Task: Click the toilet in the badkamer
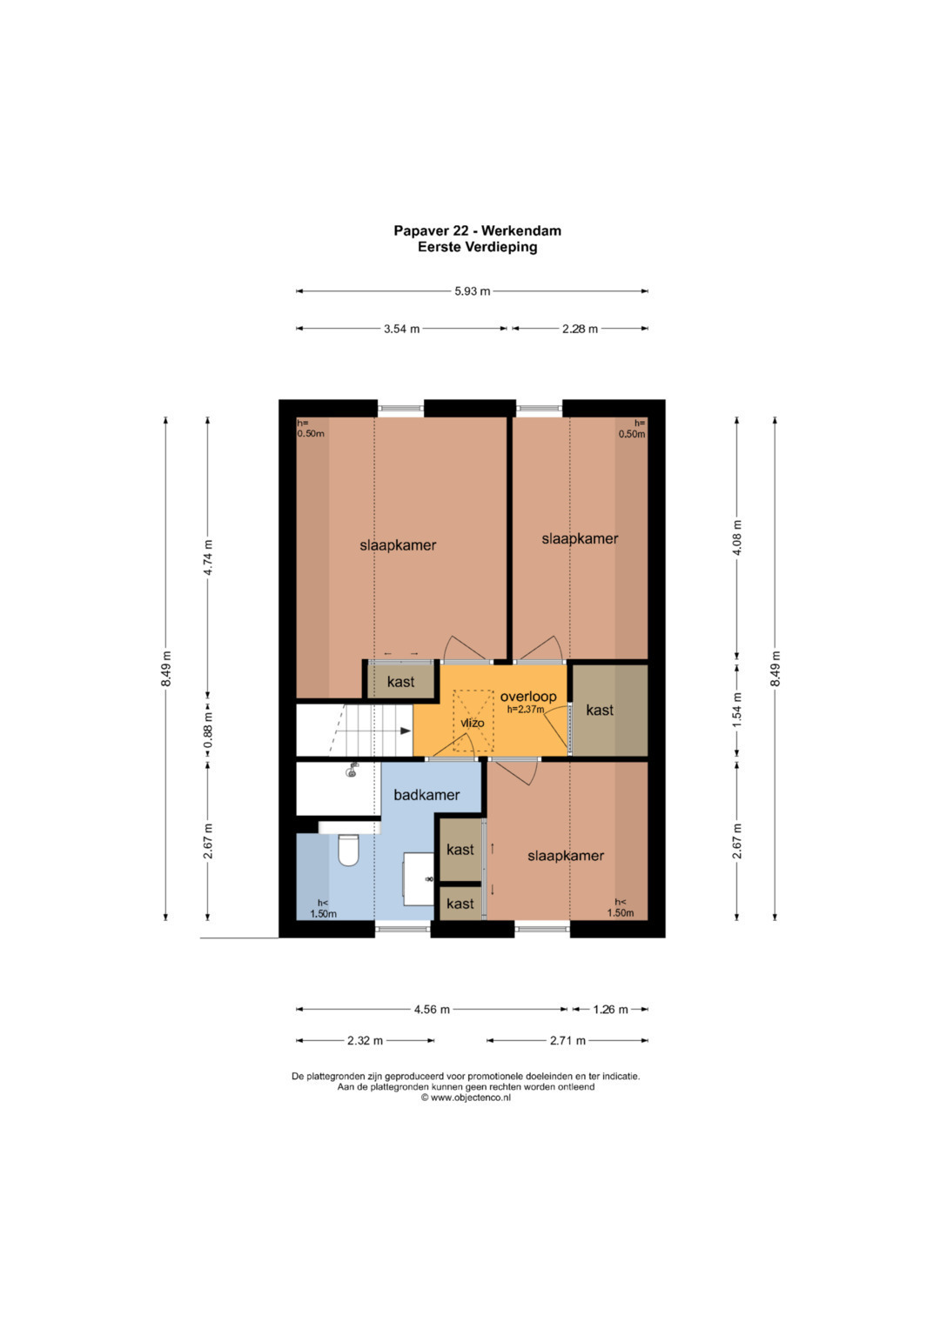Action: [348, 850]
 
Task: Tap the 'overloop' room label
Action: [528, 696]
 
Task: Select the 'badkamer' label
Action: [426, 795]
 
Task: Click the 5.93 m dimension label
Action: [473, 291]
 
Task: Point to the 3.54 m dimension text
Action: [402, 329]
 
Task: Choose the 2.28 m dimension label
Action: [580, 329]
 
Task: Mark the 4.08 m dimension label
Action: [737, 537]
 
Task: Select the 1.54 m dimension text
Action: [737, 710]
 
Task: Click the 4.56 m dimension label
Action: [432, 1010]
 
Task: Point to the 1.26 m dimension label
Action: [610, 1010]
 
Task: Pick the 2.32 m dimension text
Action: [365, 1040]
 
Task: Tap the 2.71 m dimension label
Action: [567, 1040]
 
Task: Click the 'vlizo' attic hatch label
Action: [473, 723]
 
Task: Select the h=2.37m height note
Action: [526, 709]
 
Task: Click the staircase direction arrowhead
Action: [406, 731]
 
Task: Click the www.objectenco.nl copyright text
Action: [466, 1098]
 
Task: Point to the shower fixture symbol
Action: [352, 771]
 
